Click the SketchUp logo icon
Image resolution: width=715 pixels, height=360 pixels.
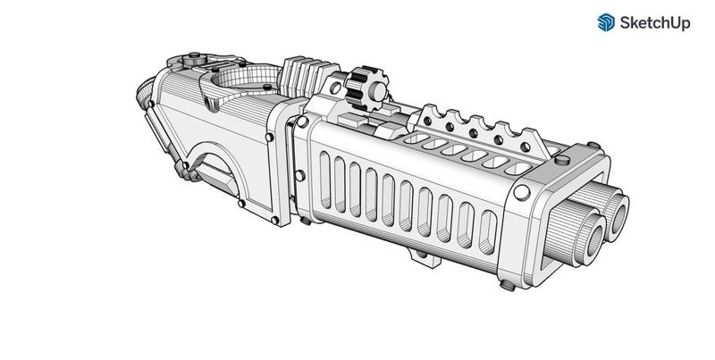click(x=606, y=22)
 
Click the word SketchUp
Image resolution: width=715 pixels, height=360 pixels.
click(x=655, y=23)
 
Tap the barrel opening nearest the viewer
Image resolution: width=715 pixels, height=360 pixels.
click(x=594, y=241)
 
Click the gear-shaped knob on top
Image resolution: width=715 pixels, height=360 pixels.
click(x=367, y=88)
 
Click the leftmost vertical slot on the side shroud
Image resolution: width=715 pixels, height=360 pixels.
click(x=325, y=180)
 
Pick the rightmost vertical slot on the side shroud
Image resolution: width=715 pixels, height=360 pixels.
click(x=487, y=231)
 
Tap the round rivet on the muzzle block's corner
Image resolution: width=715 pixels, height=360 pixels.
click(x=522, y=192)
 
